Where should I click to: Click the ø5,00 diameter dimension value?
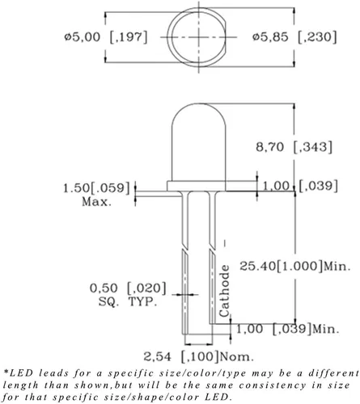(x=83, y=37)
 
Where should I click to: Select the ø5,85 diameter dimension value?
(x=270, y=37)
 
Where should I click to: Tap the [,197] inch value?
(x=129, y=37)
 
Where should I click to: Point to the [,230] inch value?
(x=317, y=37)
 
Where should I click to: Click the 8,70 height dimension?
(x=269, y=147)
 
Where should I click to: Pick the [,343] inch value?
(x=313, y=147)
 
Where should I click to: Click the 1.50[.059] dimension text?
(x=96, y=187)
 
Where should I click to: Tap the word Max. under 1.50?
(x=96, y=201)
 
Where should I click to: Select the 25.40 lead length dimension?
(x=258, y=266)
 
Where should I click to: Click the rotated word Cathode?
(x=224, y=291)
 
